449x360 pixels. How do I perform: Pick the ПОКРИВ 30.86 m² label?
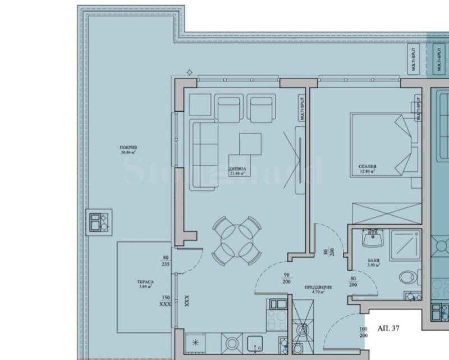point(129,149)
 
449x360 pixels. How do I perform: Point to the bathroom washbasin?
point(372,239)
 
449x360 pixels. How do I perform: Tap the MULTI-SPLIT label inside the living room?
point(302,109)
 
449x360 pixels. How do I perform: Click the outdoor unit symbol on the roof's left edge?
point(98,221)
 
